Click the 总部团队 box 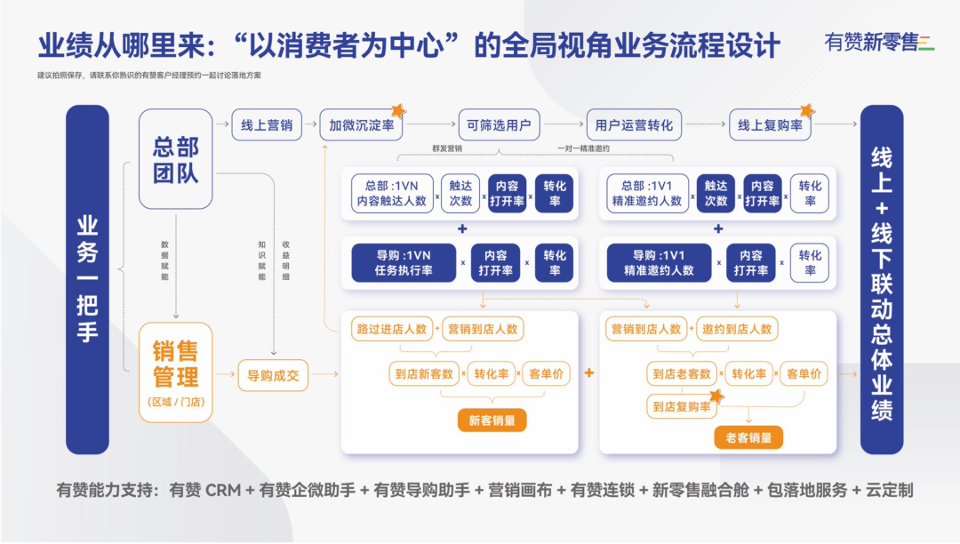(175, 158)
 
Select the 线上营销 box (267, 125)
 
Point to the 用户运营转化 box (634, 125)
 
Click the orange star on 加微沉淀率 (398, 110)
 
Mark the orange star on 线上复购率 (807, 110)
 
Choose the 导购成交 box (272, 375)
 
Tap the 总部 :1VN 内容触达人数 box (391, 193)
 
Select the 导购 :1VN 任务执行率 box (404, 262)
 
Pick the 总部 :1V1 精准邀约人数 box (646, 193)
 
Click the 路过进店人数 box (391, 329)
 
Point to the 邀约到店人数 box (737, 329)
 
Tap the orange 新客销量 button (492, 420)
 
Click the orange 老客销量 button (748, 436)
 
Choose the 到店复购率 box (681, 407)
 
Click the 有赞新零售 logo (878, 43)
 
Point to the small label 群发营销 (448, 148)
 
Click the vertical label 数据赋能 (164, 260)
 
